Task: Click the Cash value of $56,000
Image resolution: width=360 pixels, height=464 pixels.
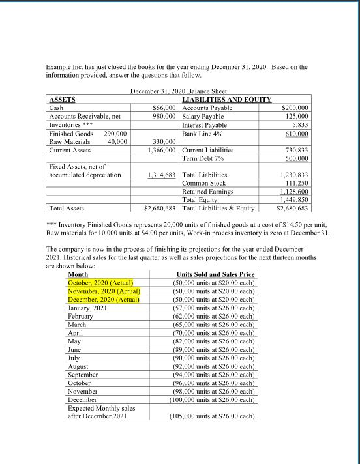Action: pos(166,107)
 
